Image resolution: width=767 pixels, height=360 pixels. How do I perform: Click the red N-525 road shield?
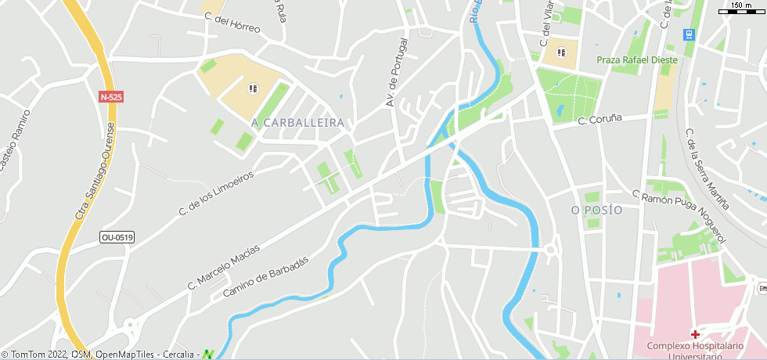111,97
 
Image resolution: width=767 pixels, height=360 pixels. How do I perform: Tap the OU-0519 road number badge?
117,237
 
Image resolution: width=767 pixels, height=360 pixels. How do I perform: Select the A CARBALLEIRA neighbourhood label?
298,124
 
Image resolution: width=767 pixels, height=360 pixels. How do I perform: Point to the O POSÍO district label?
596,211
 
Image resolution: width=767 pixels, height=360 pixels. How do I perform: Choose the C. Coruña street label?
600,119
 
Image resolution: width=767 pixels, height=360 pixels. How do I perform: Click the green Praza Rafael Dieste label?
637,59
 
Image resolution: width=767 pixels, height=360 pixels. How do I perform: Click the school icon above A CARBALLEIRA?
252,88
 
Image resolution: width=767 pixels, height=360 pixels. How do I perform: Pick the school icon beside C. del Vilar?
560,52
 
